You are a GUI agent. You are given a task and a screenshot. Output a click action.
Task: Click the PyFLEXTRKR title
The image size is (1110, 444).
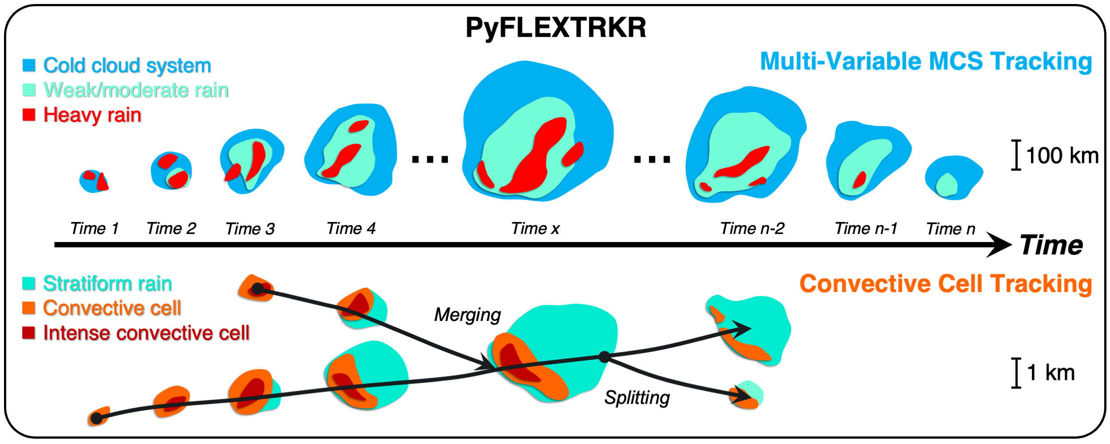tap(555, 28)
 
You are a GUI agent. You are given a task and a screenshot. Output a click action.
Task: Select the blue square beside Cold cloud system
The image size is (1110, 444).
tap(29, 65)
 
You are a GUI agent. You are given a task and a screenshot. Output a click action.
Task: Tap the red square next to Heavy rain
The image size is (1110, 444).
tap(29, 115)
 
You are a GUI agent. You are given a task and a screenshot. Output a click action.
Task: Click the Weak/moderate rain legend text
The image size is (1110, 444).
tap(136, 90)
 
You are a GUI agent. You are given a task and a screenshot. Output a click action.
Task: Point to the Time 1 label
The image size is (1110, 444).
tap(94, 229)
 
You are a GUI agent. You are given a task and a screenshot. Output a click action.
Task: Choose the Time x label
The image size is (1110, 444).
tap(535, 229)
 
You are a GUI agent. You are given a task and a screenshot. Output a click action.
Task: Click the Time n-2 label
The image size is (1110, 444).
tap(752, 229)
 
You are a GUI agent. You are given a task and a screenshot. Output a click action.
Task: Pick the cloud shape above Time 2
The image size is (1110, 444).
tap(171, 170)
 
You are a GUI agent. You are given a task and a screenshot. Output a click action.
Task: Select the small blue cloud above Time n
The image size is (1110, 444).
tap(953, 177)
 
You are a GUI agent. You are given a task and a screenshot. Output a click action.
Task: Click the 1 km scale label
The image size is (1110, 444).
tap(1051, 373)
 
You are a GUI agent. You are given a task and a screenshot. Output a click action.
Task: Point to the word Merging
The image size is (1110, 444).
tap(468, 315)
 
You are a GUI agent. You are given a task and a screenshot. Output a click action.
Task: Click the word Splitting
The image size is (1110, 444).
tap(637, 398)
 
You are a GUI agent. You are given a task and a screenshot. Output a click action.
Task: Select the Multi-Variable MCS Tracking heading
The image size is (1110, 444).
tap(926, 62)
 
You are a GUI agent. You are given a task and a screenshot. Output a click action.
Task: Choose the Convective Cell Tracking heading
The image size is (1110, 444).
tap(945, 284)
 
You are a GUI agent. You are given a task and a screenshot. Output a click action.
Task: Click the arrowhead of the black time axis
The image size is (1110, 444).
tap(1001, 245)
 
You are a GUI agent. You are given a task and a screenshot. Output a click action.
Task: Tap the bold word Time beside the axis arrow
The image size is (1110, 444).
tap(1051, 245)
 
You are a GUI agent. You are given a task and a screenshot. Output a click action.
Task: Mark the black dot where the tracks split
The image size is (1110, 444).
tap(604, 357)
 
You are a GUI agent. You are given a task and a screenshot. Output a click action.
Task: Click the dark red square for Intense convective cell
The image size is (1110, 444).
tap(29, 333)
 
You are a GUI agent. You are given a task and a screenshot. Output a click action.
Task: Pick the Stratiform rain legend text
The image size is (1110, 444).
tap(107, 284)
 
